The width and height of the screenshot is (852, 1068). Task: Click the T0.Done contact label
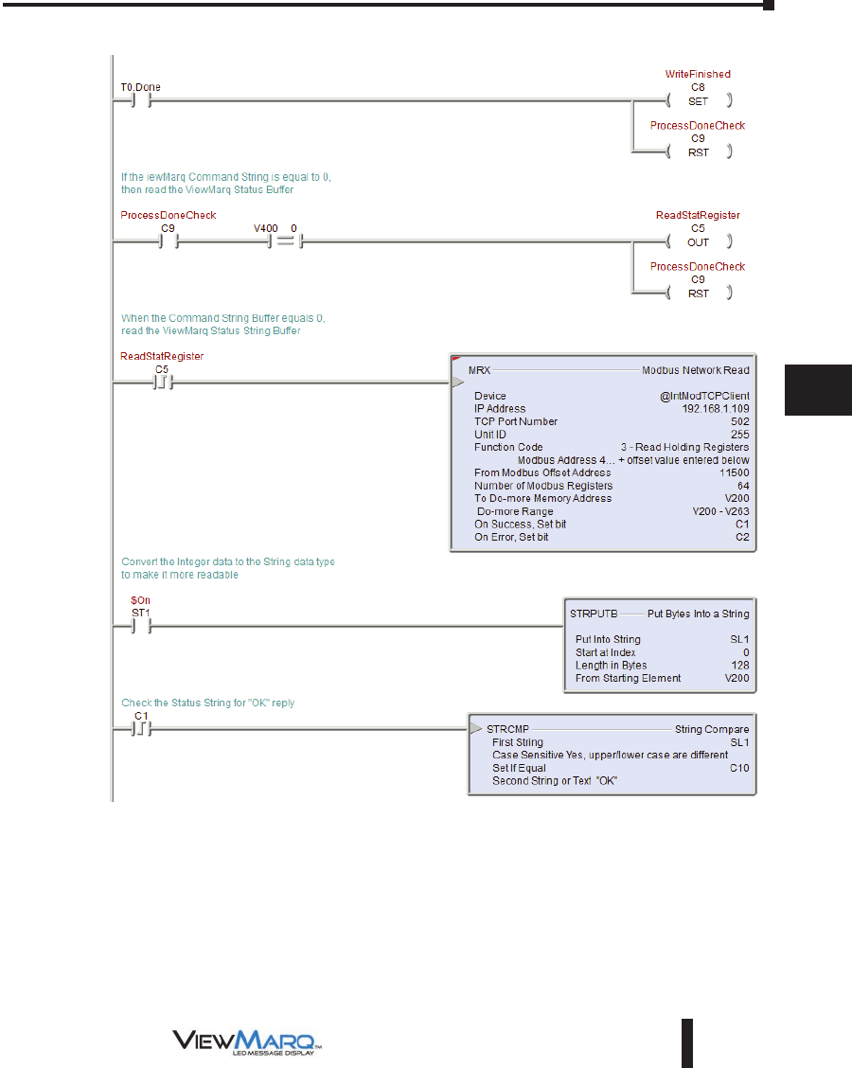pyautogui.click(x=140, y=87)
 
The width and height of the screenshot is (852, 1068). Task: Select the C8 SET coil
pyautogui.click(x=699, y=99)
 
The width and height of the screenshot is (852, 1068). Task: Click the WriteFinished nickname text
pyautogui.click(x=699, y=74)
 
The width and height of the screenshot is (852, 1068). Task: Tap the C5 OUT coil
pyautogui.click(x=699, y=241)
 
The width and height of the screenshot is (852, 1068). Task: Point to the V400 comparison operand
pyautogui.click(x=265, y=228)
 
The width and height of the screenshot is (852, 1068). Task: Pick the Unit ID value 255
pyautogui.click(x=739, y=435)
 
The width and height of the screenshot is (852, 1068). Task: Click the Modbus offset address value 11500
pyautogui.click(x=733, y=472)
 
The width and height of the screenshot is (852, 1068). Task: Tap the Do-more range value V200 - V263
pyautogui.click(x=720, y=511)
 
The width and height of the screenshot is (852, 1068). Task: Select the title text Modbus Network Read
pyautogui.click(x=695, y=370)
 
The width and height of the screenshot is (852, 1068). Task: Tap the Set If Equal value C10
pyautogui.click(x=738, y=768)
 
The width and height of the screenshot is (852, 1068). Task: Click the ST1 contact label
pyautogui.click(x=140, y=613)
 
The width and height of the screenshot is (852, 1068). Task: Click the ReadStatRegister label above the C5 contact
pyautogui.click(x=162, y=356)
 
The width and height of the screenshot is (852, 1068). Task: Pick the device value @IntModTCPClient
pyautogui.click(x=704, y=396)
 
